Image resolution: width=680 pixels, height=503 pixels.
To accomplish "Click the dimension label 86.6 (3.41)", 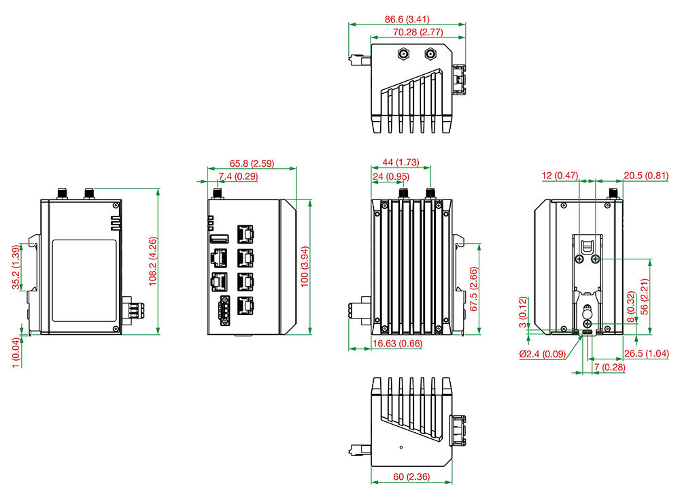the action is point(407,19).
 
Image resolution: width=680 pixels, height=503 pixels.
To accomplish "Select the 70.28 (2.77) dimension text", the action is point(418,32).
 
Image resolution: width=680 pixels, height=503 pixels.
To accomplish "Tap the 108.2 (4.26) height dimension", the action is point(152,261).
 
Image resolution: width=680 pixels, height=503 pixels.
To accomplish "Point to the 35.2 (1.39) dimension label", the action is point(16,267).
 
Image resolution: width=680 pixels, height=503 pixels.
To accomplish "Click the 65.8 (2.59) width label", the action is point(252,163).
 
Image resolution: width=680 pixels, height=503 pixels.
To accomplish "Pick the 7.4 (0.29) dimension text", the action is point(238,176).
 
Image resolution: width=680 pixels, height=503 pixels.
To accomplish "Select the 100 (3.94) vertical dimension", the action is point(305,266).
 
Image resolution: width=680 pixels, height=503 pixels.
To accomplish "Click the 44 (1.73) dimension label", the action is point(401,162).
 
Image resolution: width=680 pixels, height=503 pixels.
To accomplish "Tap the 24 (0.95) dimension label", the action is point(391,176).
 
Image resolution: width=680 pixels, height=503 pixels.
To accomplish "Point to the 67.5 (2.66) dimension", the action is point(473,289).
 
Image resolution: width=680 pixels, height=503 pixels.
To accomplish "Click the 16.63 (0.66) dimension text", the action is point(397,343).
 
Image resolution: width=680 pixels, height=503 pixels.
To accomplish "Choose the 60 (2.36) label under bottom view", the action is point(411,476).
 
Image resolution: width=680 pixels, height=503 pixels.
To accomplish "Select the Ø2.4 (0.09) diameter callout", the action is point(543,354).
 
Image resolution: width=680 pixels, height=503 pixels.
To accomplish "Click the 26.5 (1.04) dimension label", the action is point(646,353).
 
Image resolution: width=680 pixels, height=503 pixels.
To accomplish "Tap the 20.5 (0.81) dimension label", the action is point(646,176).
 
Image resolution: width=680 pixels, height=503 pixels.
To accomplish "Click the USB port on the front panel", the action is point(220,238).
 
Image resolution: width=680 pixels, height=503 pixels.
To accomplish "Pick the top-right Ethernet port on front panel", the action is point(245,234).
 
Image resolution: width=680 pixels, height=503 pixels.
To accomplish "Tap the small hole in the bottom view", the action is point(401,447).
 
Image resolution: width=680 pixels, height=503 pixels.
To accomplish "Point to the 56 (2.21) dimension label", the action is point(644,297).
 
